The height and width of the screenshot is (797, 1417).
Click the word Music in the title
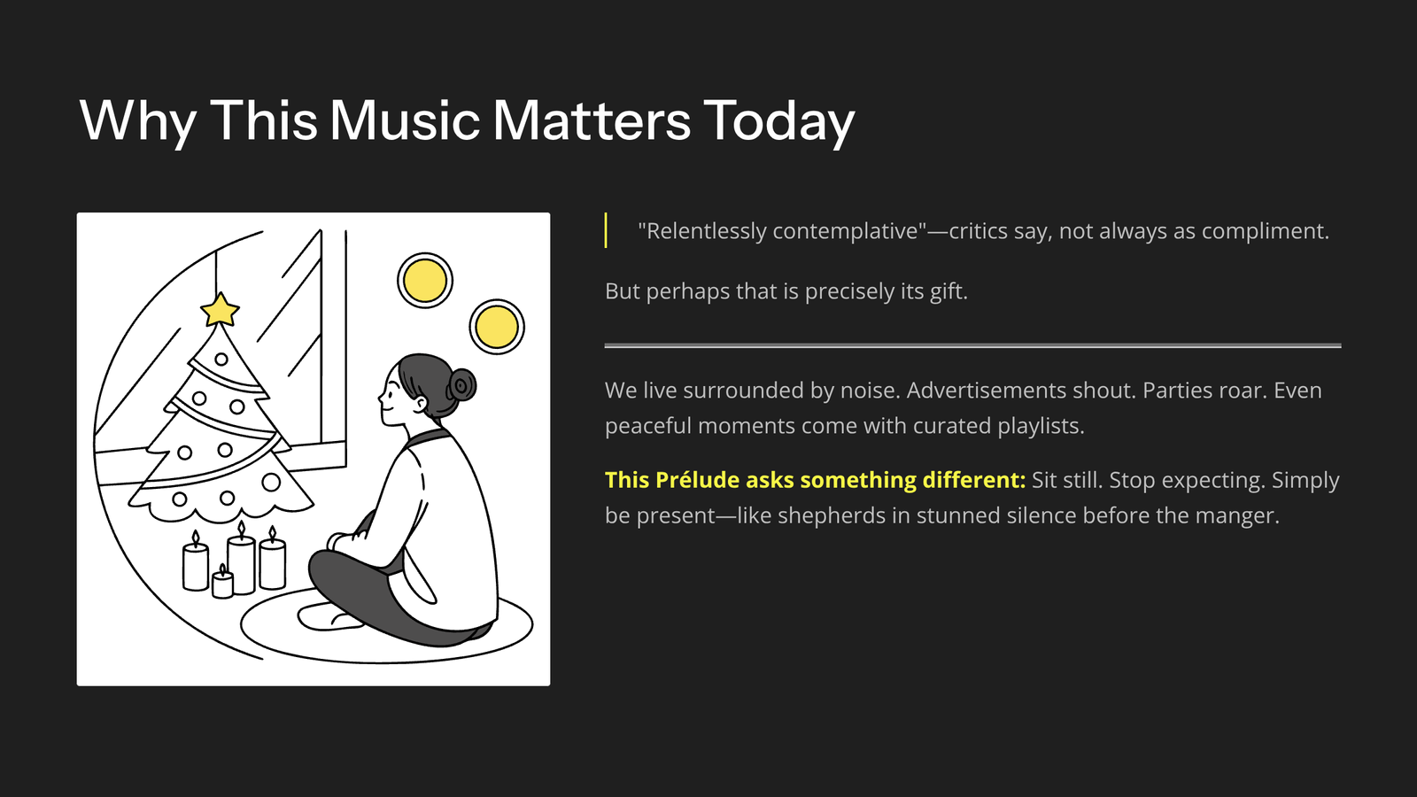coord(405,120)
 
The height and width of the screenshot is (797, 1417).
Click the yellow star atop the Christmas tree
coord(220,310)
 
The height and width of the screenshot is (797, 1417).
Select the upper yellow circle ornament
coord(425,280)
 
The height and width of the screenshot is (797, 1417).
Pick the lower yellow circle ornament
coord(497,327)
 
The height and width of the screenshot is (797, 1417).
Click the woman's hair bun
coord(461,384)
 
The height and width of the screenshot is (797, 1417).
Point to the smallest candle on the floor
coord(222,582)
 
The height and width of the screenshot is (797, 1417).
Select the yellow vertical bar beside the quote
coord(606,230)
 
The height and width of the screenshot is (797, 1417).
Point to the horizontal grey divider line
coord(973,345)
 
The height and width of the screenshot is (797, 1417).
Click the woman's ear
coord(420,405)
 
